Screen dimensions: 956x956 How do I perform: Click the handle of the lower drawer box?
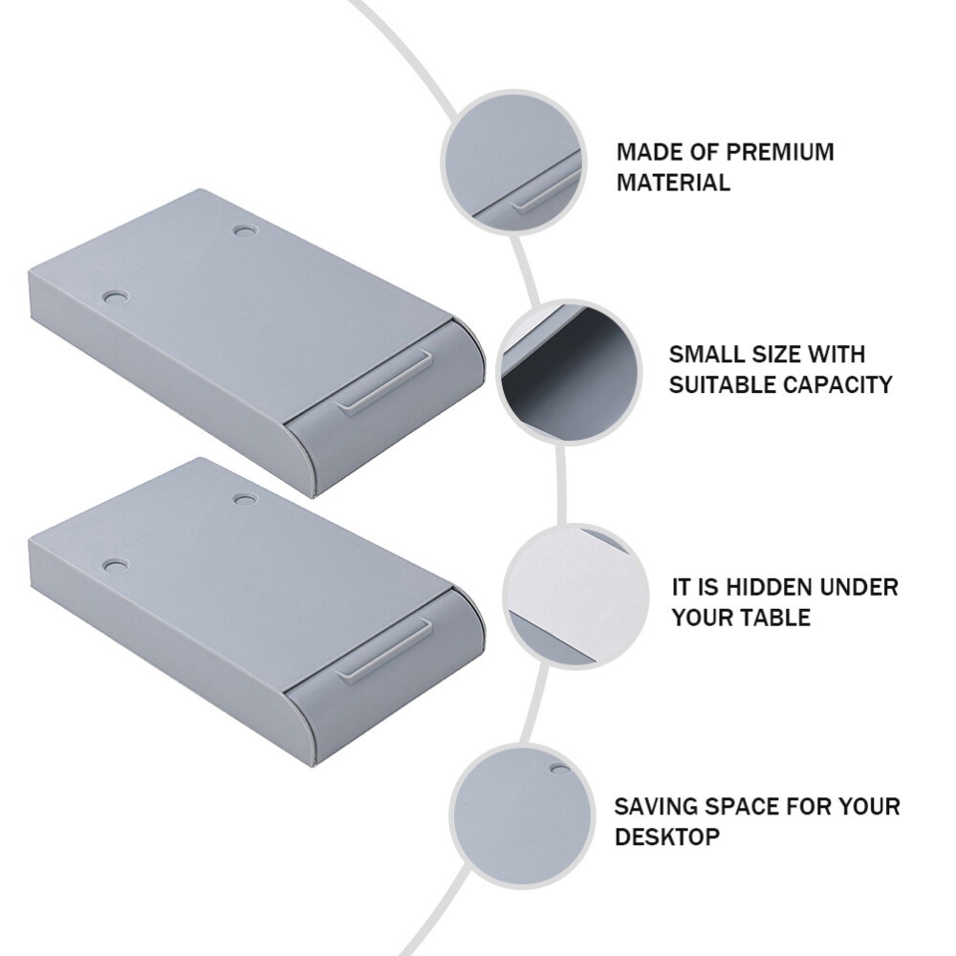386,651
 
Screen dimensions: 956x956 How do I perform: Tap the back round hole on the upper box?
245,231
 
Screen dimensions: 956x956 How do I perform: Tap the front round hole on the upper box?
116,298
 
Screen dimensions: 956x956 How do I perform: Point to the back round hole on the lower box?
245,500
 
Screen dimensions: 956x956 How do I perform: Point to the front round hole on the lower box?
116,566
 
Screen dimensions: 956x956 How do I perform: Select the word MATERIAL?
673,183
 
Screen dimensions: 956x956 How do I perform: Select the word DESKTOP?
667,837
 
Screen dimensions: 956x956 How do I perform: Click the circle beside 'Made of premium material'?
513,162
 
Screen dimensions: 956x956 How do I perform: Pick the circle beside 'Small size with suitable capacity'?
570,372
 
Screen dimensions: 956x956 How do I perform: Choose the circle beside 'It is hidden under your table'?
576,596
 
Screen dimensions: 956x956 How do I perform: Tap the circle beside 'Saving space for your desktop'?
522,815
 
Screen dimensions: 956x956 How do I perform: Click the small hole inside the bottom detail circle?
560,769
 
